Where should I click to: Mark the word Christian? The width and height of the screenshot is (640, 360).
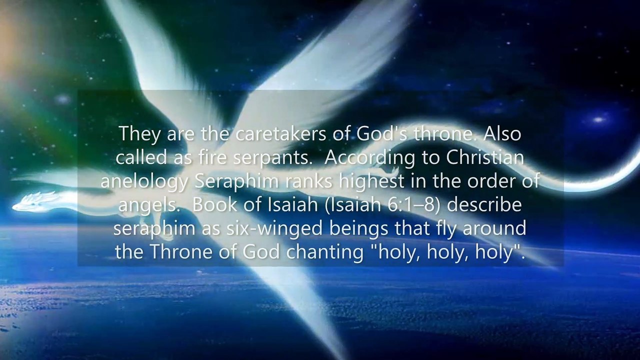tap(484, 157)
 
